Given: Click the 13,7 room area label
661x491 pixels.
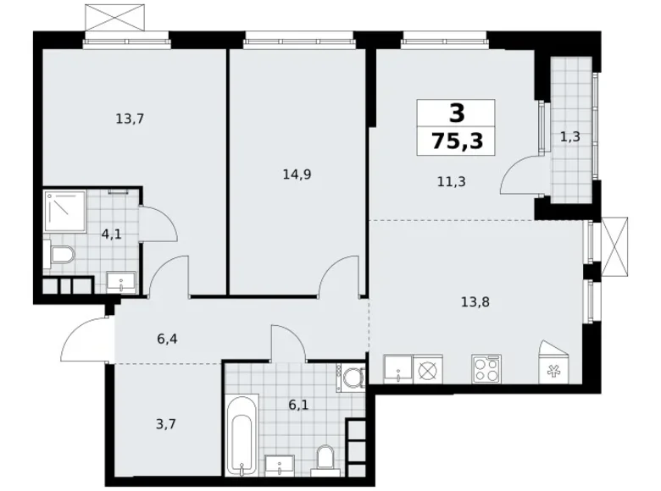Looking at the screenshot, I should pos(130,119).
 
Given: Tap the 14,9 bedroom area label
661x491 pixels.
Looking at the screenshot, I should pos(297,175).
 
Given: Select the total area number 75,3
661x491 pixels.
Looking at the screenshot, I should pos(457,141).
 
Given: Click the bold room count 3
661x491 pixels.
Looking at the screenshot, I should pos(457,113).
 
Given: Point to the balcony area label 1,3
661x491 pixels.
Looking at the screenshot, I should pos(569,136).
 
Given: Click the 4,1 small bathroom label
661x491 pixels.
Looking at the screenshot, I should pos(110,234).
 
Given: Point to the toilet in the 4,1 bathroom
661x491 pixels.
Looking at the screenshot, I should pos(61,254).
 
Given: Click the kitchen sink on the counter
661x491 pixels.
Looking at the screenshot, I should pos(397,369).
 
